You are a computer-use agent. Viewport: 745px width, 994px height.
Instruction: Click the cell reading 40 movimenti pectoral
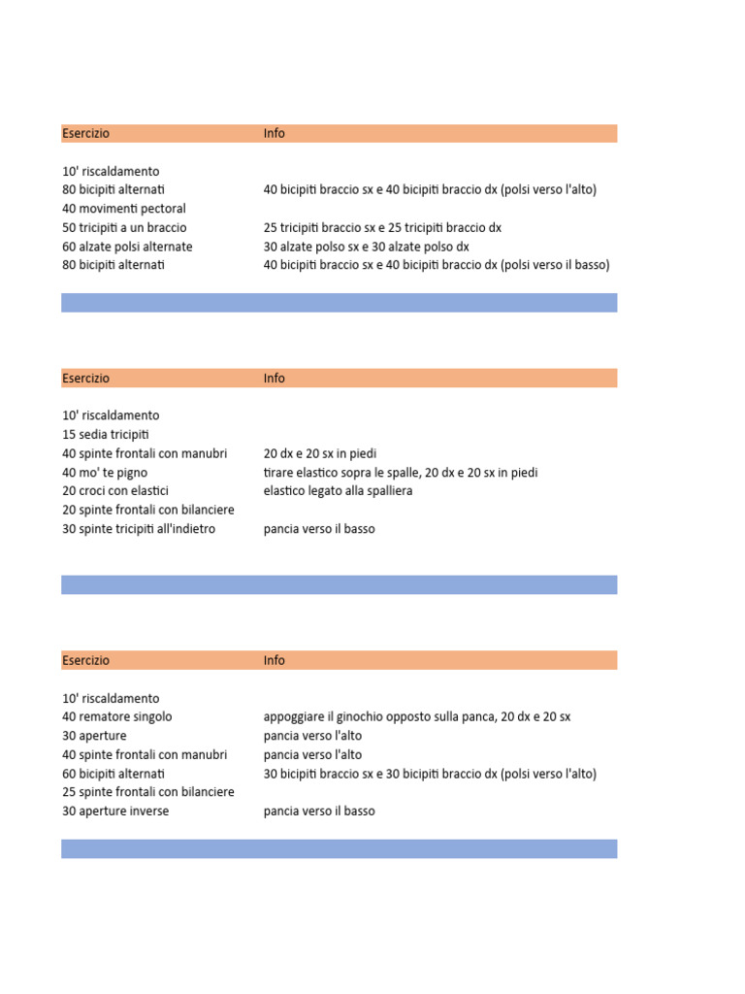click(124, 209)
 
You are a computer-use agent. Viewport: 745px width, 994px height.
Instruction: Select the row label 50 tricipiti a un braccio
click(124, 227)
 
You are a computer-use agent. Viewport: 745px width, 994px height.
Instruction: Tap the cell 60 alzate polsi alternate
click(127, 247)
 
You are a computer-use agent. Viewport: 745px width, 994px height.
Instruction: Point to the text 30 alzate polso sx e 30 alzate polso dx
click(366, 247)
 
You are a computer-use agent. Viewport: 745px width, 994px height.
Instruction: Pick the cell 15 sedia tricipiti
click(106, 434)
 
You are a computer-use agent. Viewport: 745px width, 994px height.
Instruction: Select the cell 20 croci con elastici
click(115, 491)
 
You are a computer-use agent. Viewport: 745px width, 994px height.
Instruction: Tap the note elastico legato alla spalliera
click(338, 491)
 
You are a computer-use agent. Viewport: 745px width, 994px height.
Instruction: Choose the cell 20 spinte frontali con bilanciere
click(148, 510)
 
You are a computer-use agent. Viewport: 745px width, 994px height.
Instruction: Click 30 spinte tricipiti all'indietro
click(139, 529)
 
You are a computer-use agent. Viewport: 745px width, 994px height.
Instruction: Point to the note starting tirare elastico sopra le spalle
click(401, 472)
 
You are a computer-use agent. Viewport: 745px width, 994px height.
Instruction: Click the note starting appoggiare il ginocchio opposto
click(417, 716)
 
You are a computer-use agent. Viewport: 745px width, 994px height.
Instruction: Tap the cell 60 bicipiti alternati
click(113, 774)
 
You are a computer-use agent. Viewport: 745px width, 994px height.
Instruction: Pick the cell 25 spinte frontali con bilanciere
click(148, 792)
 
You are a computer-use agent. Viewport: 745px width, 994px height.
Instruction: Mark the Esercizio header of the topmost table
click(86, 133)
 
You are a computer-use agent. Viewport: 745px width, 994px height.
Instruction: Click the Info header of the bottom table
click(275, 660)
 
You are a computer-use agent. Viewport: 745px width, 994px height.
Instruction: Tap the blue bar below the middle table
click(339, 584)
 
